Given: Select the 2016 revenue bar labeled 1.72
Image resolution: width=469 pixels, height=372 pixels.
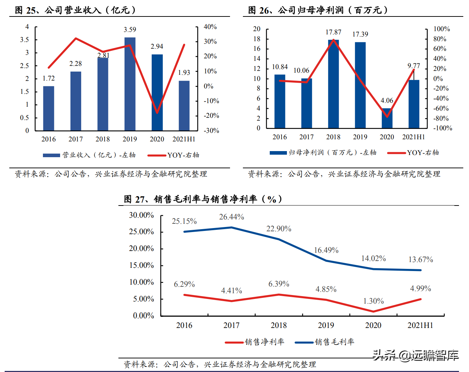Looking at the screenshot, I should (x=49, y=108).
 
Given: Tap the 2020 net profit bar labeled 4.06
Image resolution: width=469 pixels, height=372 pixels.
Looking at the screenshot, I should (x=387, y=118).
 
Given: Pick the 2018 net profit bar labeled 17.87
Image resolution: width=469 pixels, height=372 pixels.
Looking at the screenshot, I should (x=333, y=84).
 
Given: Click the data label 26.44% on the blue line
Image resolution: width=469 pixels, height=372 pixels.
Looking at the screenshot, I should (x=231, y=217).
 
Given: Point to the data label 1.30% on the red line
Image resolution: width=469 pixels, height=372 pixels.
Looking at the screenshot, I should (x=373, y=301).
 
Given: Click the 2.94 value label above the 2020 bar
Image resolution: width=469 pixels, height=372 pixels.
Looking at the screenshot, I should (x=157, y=47).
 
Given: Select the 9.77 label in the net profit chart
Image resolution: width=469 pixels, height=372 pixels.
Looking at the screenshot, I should (x=414, y=66).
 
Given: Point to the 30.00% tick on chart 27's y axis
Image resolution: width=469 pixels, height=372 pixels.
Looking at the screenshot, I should (x=141, y=215).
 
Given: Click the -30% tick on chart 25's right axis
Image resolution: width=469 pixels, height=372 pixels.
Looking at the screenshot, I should (x=211, y=131).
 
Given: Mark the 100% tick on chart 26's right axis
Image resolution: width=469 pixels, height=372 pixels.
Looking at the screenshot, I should (x=441, y=29).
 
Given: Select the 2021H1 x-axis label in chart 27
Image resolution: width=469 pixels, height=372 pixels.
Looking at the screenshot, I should (x=420, y=325).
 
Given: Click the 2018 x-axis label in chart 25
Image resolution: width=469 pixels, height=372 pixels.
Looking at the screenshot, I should (x=103, y=139).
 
